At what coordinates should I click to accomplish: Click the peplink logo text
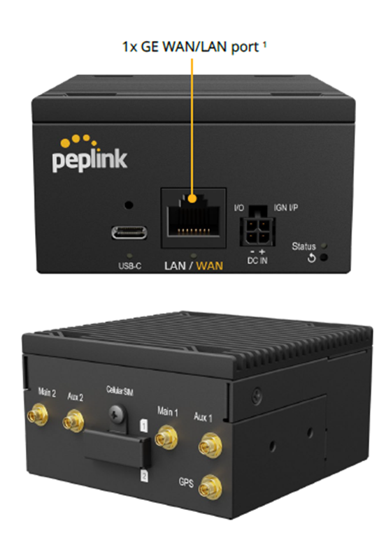point(90,160)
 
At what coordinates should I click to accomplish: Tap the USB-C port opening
point(129,233)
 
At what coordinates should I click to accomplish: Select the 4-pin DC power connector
point(257,231)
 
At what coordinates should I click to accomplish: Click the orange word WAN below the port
point(210,265)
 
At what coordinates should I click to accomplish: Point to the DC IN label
point(257,260)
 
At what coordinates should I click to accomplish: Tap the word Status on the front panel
point(303,247)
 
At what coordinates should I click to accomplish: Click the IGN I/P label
point(286,207)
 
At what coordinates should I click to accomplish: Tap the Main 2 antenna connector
point(38,414)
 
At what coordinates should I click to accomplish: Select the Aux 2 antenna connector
point(73,420)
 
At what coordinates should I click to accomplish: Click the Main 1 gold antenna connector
point(166,437)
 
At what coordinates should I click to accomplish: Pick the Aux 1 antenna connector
point(210,446)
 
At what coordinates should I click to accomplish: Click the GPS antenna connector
point(210,487)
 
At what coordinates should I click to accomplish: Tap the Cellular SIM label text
point(120,390)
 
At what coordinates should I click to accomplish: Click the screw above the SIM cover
point(117,414)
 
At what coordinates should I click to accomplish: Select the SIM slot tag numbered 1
point(143,425)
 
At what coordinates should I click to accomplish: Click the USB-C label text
point(129,266)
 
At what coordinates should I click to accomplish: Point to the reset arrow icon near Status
point(311,258)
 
